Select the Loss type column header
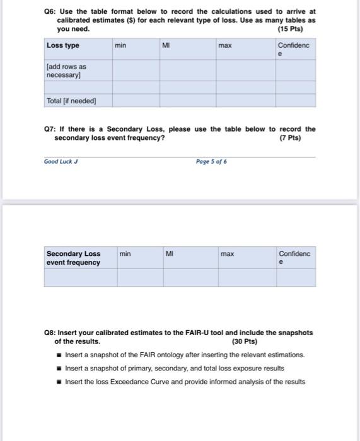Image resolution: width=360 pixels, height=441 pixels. [x=63, y=45]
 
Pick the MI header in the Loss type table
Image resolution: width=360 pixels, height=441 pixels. [x=166, y=45]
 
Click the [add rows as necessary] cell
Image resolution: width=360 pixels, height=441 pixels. [x=66, y=71]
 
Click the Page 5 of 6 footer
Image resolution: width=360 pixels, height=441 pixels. [x=211, y=161]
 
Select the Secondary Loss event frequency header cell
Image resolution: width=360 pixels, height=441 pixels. [x=73, y=258]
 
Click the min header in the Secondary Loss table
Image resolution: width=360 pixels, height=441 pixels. [x=125, y=254]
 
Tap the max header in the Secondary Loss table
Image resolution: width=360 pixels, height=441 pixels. [x=227, y=254]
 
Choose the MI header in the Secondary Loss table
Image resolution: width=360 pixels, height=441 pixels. [x=169, y=254]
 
